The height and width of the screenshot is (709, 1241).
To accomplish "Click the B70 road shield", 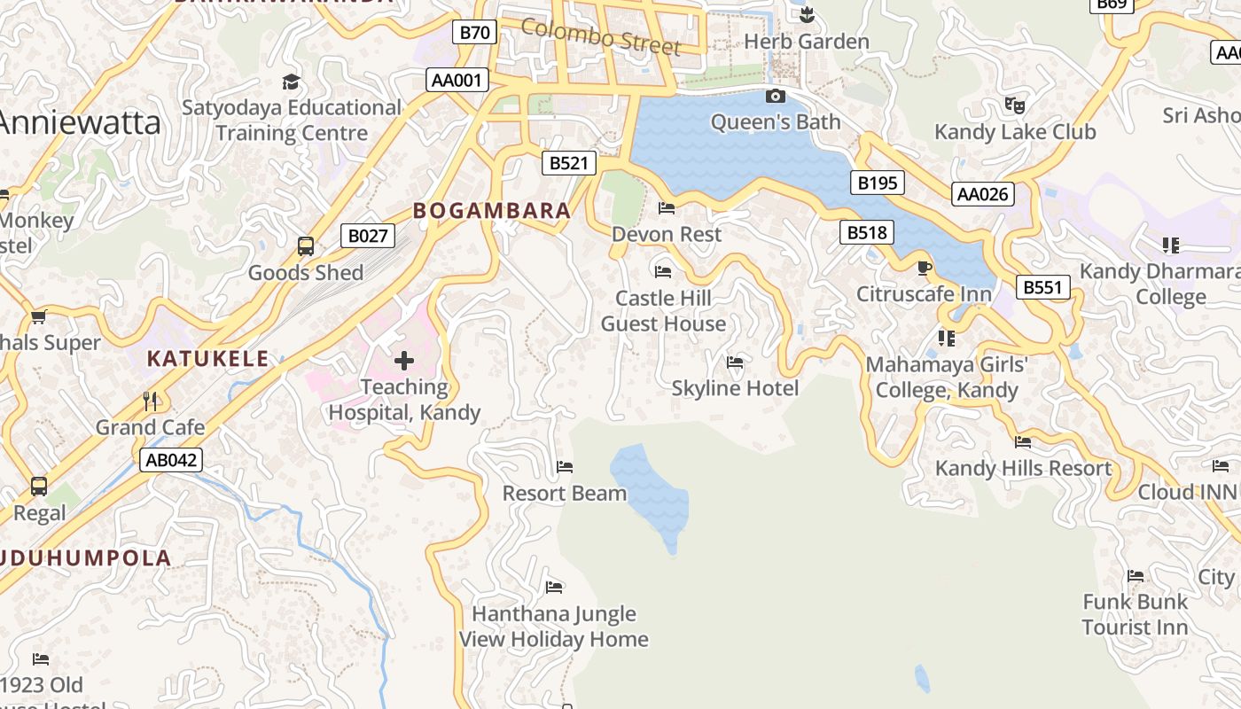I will [474, 33].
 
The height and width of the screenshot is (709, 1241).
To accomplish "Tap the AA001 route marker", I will [457, 81].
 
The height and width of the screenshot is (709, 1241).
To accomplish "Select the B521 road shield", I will [568, 163].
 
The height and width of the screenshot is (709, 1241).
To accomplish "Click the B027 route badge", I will [367, 236].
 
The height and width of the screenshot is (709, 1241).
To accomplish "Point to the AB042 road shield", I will [170, 460].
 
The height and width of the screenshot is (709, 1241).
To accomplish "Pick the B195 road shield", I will [878, 183].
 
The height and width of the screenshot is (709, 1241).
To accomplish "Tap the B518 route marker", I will [866, 233].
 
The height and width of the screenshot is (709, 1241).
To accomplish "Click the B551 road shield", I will [1042, 287].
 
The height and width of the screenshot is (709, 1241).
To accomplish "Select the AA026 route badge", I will [982, 194].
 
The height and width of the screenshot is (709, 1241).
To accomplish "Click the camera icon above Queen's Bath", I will [775, 96].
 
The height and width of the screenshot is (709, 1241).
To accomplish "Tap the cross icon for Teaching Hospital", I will [404, 360].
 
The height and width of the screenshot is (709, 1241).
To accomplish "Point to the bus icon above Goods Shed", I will [306, 246].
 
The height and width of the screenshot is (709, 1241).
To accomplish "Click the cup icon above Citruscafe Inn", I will [924, 268].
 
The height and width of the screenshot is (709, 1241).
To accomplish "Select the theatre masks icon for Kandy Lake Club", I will [1015, 105].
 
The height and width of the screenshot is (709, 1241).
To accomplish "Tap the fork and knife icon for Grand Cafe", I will [150, 401].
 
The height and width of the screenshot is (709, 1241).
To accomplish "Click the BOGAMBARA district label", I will [492, 211].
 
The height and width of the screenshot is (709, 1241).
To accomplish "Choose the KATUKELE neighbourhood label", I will [207, 359].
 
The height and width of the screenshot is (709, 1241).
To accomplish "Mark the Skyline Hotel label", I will [735, 388].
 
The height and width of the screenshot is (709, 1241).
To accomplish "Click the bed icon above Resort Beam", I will [565, 467].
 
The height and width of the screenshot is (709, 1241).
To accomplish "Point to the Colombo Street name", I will [600, 36].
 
